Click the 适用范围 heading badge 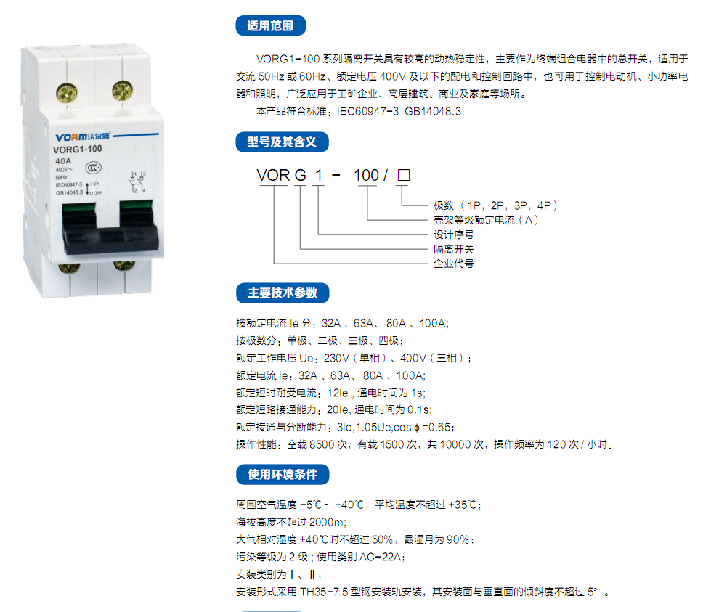point(270,25)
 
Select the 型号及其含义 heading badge point(282,142)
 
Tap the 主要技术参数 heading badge point(283,293)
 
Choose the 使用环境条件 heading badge point(283,475)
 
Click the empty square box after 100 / point(404,175)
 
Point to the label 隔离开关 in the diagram point(453,249)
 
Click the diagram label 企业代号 point(453,264)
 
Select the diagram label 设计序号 point(453,234)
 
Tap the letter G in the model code point(301,175)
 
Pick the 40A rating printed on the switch point(63,161)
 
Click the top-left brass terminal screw point(67,93)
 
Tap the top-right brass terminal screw point(123,91)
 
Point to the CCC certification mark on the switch point(93,168)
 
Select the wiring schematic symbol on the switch point(137,182)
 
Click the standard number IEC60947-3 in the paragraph point(367,111)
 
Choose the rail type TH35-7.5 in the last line point(324,592)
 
